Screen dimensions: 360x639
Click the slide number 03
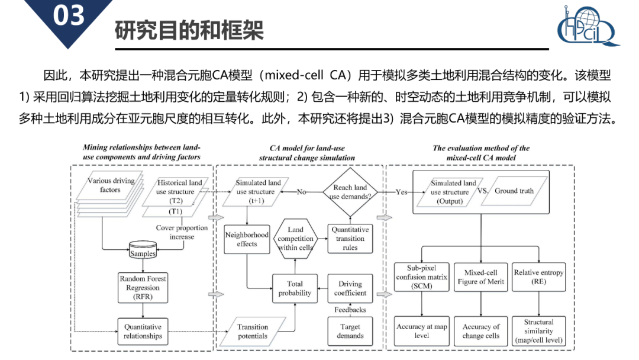coord(69,17)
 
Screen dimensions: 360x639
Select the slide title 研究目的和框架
coord(189,30)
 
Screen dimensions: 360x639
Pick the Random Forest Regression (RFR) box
coord(143,288)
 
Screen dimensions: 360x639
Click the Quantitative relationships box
coord(143,331)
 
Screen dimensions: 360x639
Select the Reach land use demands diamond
coord(350,192)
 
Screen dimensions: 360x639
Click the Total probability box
coord(295,288)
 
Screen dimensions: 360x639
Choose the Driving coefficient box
coord(350,288)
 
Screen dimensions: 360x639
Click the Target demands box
coord(350,331)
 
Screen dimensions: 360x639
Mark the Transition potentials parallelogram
coord(253,331)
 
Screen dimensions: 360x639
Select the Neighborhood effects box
coord(247,239)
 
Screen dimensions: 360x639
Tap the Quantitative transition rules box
coord(350,238)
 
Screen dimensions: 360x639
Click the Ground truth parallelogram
coord(514,191)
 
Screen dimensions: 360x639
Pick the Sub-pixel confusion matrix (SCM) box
coord(422,277)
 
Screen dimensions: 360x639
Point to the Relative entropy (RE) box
coord(538,277)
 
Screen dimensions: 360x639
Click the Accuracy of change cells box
coord(480,331)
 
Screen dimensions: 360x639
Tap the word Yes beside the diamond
coord(402,192)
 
